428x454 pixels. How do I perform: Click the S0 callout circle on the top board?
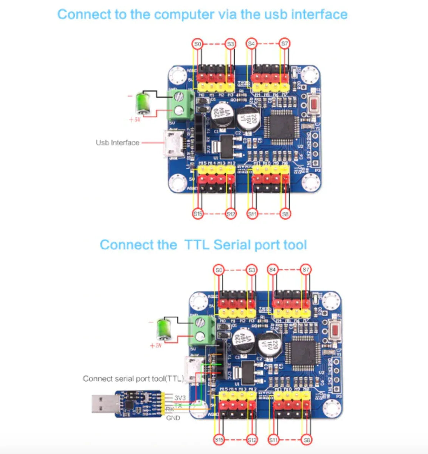[197, 44]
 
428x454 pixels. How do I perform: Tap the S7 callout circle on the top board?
[285, 44]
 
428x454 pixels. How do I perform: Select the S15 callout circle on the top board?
[198, 214]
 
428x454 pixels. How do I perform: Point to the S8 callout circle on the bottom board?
[307, 440]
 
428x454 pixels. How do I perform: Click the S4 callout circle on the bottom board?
[273, 270]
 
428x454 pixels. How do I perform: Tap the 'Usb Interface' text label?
[118, 143]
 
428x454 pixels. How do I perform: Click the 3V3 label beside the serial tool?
[180, 398]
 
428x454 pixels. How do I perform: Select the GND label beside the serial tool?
[173, 418]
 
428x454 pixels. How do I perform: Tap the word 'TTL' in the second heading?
[197, 245]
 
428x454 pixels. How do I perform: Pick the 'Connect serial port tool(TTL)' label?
[133, 378]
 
